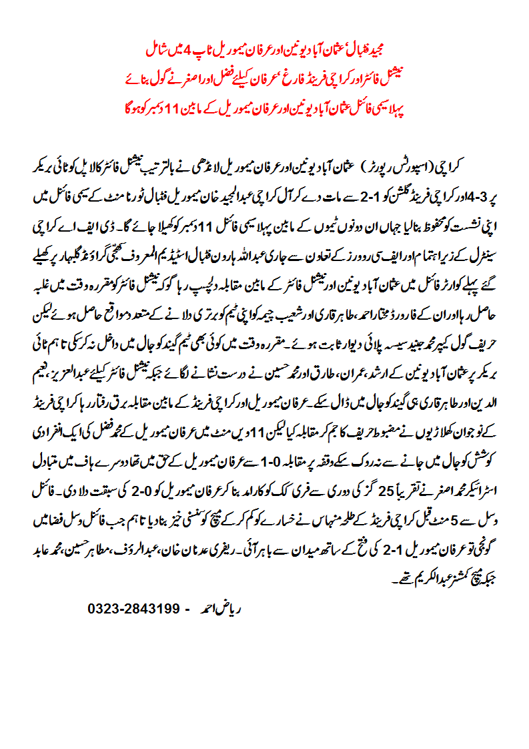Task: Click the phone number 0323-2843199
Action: click(x=134, y=609)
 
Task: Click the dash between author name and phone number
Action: click(x=187, y=609)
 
